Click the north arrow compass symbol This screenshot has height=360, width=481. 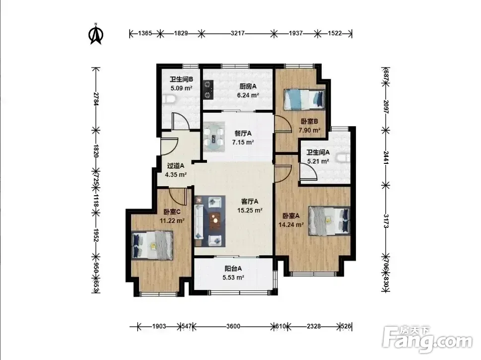[96, 34]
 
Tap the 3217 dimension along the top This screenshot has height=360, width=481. [237, 33]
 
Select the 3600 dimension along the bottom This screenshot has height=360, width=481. [233, 326]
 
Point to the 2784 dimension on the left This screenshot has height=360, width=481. [96, 99]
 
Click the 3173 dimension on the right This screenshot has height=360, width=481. [386, 220]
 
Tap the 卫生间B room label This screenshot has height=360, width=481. [181, 79]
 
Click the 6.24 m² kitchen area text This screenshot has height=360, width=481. [248, 95]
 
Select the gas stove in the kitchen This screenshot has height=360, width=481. [208, 90]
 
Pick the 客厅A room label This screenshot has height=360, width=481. [250, 202]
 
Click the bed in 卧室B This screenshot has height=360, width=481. [304, 99]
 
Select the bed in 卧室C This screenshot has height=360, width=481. [152, 245]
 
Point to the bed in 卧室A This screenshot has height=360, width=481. [329, 220]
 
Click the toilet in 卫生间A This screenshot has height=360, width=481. [343, 158]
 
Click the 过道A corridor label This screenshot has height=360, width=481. [175, 166]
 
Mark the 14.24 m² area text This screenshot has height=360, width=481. [291, 224]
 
